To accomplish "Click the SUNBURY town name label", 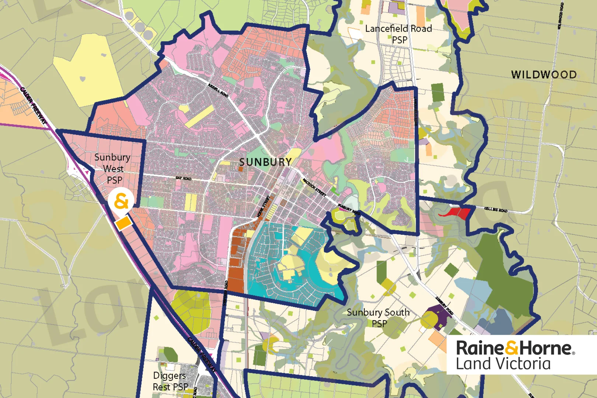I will click(x=265, y=162).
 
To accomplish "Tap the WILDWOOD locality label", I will click(x=544, y=75).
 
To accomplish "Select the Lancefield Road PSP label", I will click(x=398, y=34).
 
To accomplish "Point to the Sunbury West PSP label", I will click(x=113, y=168).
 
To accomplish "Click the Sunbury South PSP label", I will click(x=378, y=318).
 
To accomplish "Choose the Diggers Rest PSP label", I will click(x=170, y=381).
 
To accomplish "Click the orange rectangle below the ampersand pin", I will click(x=123, y=223).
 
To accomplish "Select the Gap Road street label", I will click(x=184, y=178).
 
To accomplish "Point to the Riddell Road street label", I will click(x=218, y=90).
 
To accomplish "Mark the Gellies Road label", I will click(x=496, y=210).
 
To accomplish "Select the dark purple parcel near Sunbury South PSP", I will click(x=439, y=318).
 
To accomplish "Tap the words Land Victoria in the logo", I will click(x=503, y=364).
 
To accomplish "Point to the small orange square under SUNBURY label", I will click(x=241, y=169).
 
